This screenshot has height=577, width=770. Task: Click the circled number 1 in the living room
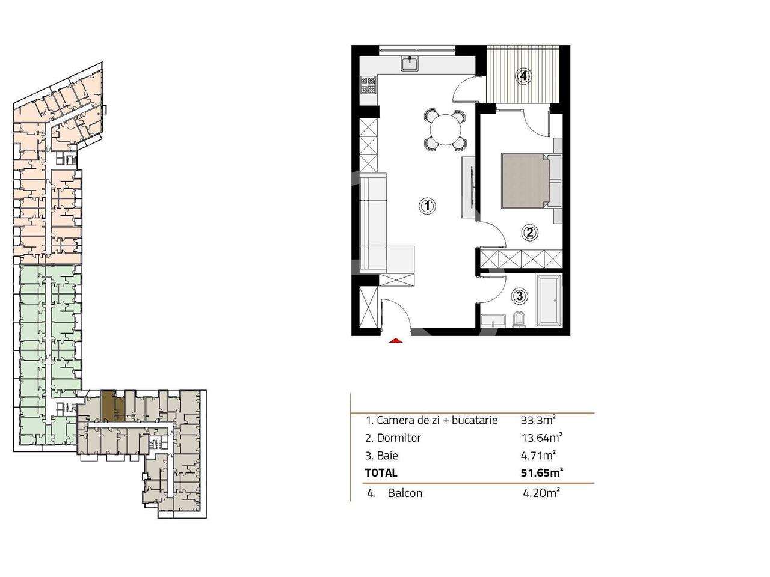pos(427,206)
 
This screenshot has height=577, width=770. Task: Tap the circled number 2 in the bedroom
pos(529,233)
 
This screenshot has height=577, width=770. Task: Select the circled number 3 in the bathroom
pos(520,296)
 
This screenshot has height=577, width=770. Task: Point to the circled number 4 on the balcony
pos(524,76)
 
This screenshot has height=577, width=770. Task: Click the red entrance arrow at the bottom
pos(395,341)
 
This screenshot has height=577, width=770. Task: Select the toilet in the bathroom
pos(520,320)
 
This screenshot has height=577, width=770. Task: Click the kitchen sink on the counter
pos(413,62)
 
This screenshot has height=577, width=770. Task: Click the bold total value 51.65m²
pos(541,473)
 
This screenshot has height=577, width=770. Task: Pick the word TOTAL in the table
pos(381,474)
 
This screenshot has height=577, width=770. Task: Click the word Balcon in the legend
pos(405,493)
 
